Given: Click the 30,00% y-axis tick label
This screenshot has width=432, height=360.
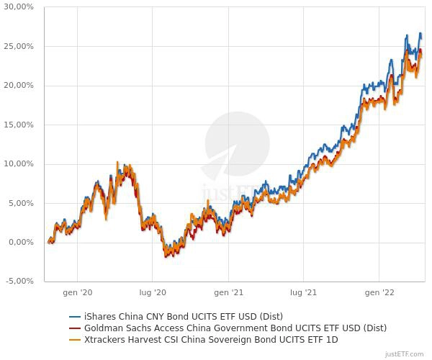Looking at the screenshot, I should tap(19, 7).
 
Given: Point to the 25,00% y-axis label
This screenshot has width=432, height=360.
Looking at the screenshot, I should tap(19, 46).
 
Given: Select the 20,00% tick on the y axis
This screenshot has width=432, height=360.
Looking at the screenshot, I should tap(19, 86).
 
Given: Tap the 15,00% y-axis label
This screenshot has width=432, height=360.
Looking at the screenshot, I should tap(19, 125).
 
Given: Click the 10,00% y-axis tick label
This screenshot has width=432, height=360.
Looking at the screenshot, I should tap(19, 164).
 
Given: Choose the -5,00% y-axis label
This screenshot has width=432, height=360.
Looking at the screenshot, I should tap(19, 282).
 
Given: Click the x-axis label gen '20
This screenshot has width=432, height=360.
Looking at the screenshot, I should tap(77, 292).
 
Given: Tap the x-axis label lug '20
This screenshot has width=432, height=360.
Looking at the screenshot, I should tap(153, 292).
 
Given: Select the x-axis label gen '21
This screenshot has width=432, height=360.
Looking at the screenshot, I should tap(228, 292).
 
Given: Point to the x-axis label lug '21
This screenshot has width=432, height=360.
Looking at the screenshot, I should tap(304, 292).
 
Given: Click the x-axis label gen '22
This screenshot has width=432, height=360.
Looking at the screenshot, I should tap(379, 292).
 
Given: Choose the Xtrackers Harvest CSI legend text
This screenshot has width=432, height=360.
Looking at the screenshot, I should tap(211, 339).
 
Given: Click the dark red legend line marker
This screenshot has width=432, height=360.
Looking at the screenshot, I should tap(75, 328).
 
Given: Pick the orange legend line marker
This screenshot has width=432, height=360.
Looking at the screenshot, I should tap(75, 340).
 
